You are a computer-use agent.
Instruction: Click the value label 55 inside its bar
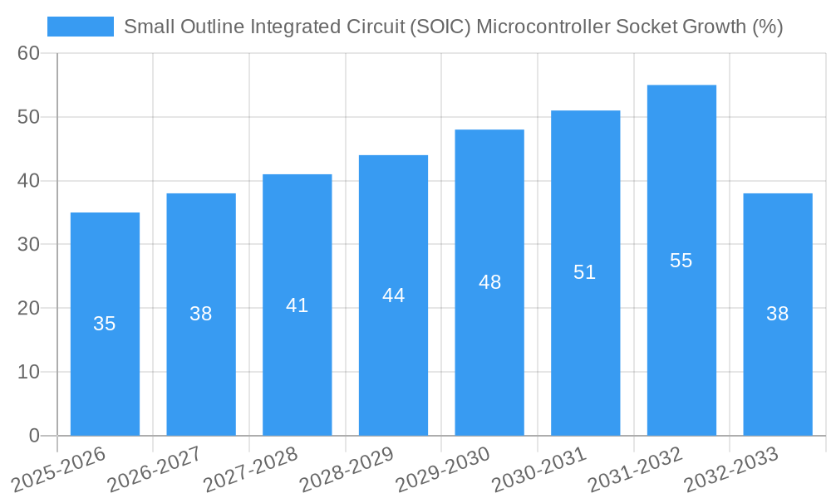pyautogui.click(x=681, y=261)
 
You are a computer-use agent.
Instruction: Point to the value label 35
pyautogui.click(x=105, y=324)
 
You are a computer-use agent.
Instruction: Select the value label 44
pyautogui.click(x=393, y=295)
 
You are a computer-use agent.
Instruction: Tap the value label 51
pyautogui.click(x=585, y=272)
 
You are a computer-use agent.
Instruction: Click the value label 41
pyautogui.click(x=297, y=305)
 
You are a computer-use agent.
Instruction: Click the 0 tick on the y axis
pyautogui.click(x=34, y=436)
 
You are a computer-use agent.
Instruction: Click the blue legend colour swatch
pyautogui.click(x=81, y=27)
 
